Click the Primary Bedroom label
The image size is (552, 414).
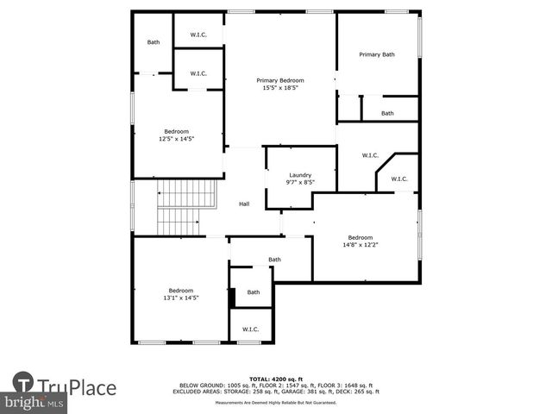(x=280, y=80)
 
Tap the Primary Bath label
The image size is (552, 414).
(x=377, y=54)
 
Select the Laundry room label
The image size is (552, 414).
(x=300, y=175)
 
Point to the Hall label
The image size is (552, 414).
(x=244, y=204)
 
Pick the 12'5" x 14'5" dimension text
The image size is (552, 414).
(x=176, y=138)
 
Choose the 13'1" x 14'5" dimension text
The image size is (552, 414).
(x=181, y=298)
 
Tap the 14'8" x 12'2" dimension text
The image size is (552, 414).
(x=360, y=245)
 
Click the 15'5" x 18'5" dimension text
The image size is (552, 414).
(x=280, y=87)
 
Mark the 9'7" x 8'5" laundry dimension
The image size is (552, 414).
(x=300, y=182)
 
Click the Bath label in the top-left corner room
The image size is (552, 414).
(x=154, y=41)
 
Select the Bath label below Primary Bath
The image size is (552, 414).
(x=387, y=113)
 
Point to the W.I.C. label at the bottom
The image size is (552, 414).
(x=250, y=329)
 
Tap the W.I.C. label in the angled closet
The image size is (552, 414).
(x=398, y=179)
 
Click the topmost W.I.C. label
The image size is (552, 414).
(x=198, y=35)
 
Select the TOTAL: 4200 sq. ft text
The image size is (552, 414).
(x=276, y=379)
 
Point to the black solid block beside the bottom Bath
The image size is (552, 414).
(x=232, y=295)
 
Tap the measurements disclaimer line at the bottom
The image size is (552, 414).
(x=276, y=403)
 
